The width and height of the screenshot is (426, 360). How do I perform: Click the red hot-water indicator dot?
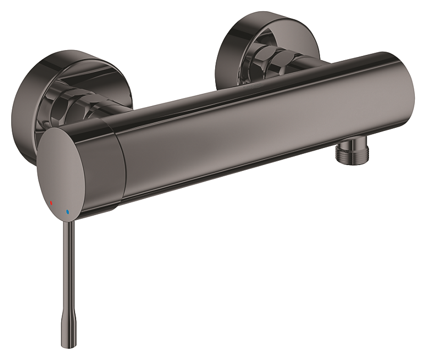click(51, 203)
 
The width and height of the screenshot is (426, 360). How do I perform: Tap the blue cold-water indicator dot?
click(68, 212)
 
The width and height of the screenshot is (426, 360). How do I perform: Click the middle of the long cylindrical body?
click(256, 128)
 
